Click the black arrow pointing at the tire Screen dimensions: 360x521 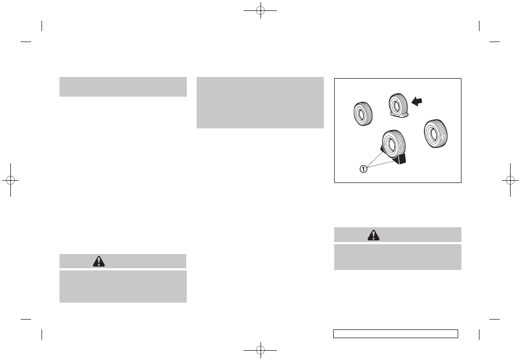[x=417, y=101]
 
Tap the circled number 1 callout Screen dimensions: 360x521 [x=363, y=169]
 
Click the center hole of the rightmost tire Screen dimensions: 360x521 [x=432, y=132]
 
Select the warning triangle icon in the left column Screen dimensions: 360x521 [x=98, y=262]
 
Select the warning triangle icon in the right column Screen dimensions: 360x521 [x=374, y=235]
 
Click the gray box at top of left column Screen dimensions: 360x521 [x=123, y=87]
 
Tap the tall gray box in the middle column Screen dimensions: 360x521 [x=260, y=103]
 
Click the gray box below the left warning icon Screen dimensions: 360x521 [x=123, y=286]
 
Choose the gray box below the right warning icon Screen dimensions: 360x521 [x=398, y=257]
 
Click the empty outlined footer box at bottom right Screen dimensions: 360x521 [x=395, y=334]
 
